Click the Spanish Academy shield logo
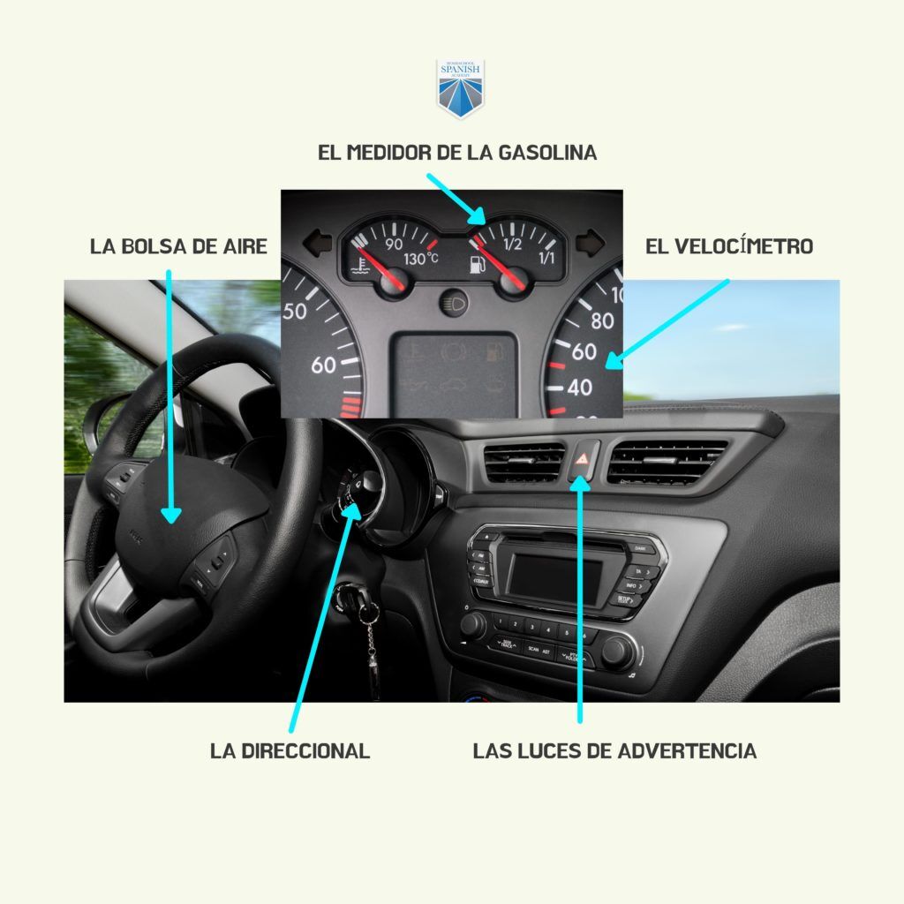[461, 88]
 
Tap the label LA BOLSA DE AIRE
[178, 246]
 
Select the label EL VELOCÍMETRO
[728, 246]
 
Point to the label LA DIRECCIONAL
[290, 751]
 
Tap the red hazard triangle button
[584, 458]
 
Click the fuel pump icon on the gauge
[478, 263]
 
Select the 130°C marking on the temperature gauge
[421, 260]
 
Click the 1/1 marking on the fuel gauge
[546, 259]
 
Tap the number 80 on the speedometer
[602, 320]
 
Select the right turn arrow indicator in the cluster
[589, 239]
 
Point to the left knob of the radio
[473, 625]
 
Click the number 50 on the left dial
[295, 311]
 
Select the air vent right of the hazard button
[667, 461]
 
